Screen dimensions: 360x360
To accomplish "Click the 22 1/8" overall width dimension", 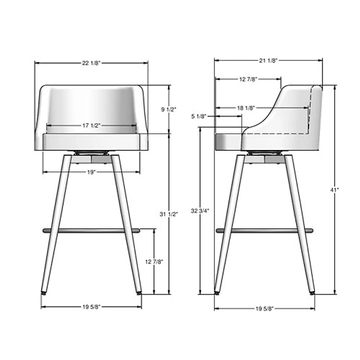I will (91, 63).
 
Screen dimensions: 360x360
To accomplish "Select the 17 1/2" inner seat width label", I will (91, 126).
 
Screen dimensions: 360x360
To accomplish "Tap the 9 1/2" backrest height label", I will (169, 109).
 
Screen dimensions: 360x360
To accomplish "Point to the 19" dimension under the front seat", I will (91, 172).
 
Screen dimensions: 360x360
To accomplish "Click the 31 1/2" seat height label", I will (169, 214).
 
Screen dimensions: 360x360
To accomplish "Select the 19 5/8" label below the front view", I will (91, 307).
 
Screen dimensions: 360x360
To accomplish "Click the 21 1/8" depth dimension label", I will (268, 60).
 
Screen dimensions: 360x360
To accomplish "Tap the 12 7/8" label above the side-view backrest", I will (248, 79).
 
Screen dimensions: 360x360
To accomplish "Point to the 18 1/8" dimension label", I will (246, 108).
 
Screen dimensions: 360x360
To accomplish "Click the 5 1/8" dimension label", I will (199, 117).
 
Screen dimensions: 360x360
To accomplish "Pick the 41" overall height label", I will (334, 190).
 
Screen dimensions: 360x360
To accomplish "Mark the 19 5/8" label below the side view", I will (264, 308).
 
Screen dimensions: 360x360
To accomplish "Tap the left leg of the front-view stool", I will (56, 225).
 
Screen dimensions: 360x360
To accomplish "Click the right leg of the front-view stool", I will (126, 225).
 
